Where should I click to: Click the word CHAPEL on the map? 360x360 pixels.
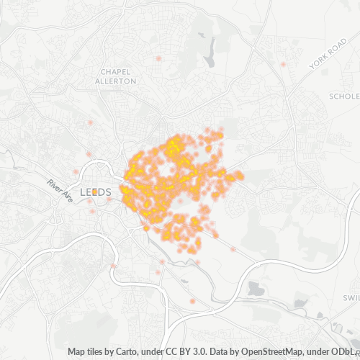pos(117,72)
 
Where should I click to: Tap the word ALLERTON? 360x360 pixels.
pos(117,81)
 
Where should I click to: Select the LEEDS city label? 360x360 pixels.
pos(95,192)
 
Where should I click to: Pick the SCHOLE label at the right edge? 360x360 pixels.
pos(343,96)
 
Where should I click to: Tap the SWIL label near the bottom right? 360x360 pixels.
pos(351,297)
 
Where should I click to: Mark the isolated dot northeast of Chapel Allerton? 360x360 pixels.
pos(158,58)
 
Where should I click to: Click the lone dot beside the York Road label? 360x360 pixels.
pos(283,65)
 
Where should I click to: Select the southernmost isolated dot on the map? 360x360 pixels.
pos(192,300)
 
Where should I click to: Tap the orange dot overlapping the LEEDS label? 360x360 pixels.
pos(94,192)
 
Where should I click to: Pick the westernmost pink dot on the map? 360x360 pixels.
pos(75,171)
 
